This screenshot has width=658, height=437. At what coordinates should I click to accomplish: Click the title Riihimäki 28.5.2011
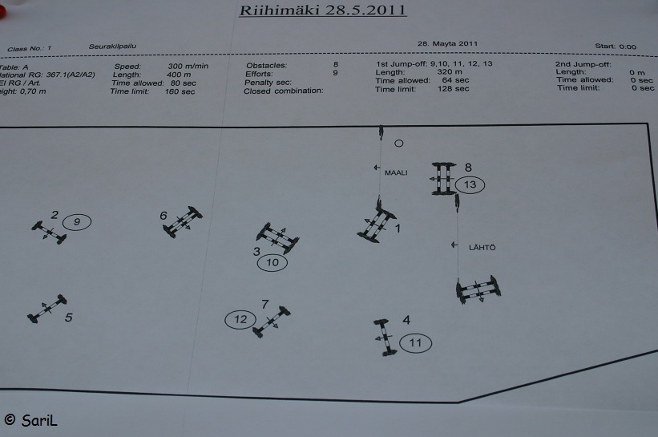tap(323, 10)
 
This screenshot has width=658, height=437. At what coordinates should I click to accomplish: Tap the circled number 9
tap(77, 222)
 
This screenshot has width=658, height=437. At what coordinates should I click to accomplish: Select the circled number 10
tap(272, 262)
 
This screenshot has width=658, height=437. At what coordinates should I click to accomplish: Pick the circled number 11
tap(415, 343)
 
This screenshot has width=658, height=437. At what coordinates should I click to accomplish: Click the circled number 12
tap(240, 320)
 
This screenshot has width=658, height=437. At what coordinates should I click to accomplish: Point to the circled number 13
tap(470, 185)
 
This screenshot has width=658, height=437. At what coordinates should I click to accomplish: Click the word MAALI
tap(396, 171)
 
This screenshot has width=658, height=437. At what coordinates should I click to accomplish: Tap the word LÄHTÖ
tap(481, 248)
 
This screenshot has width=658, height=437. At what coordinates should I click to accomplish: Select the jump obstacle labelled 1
tap(376, 224)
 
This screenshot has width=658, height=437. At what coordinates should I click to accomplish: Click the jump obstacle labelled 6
tap(183, 222)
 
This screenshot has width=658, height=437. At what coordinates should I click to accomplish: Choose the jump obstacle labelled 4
tap(385, 336)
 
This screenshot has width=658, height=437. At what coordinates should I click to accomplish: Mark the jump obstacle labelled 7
tap(272, 321)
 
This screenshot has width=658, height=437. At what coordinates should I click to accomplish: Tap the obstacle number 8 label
tap(468, 168)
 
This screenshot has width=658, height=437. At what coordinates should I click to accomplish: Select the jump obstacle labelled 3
tap(277, 237)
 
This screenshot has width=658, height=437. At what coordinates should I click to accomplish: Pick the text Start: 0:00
tap(616, 47)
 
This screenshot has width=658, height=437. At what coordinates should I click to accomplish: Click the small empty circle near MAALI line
tap(399, 144)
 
